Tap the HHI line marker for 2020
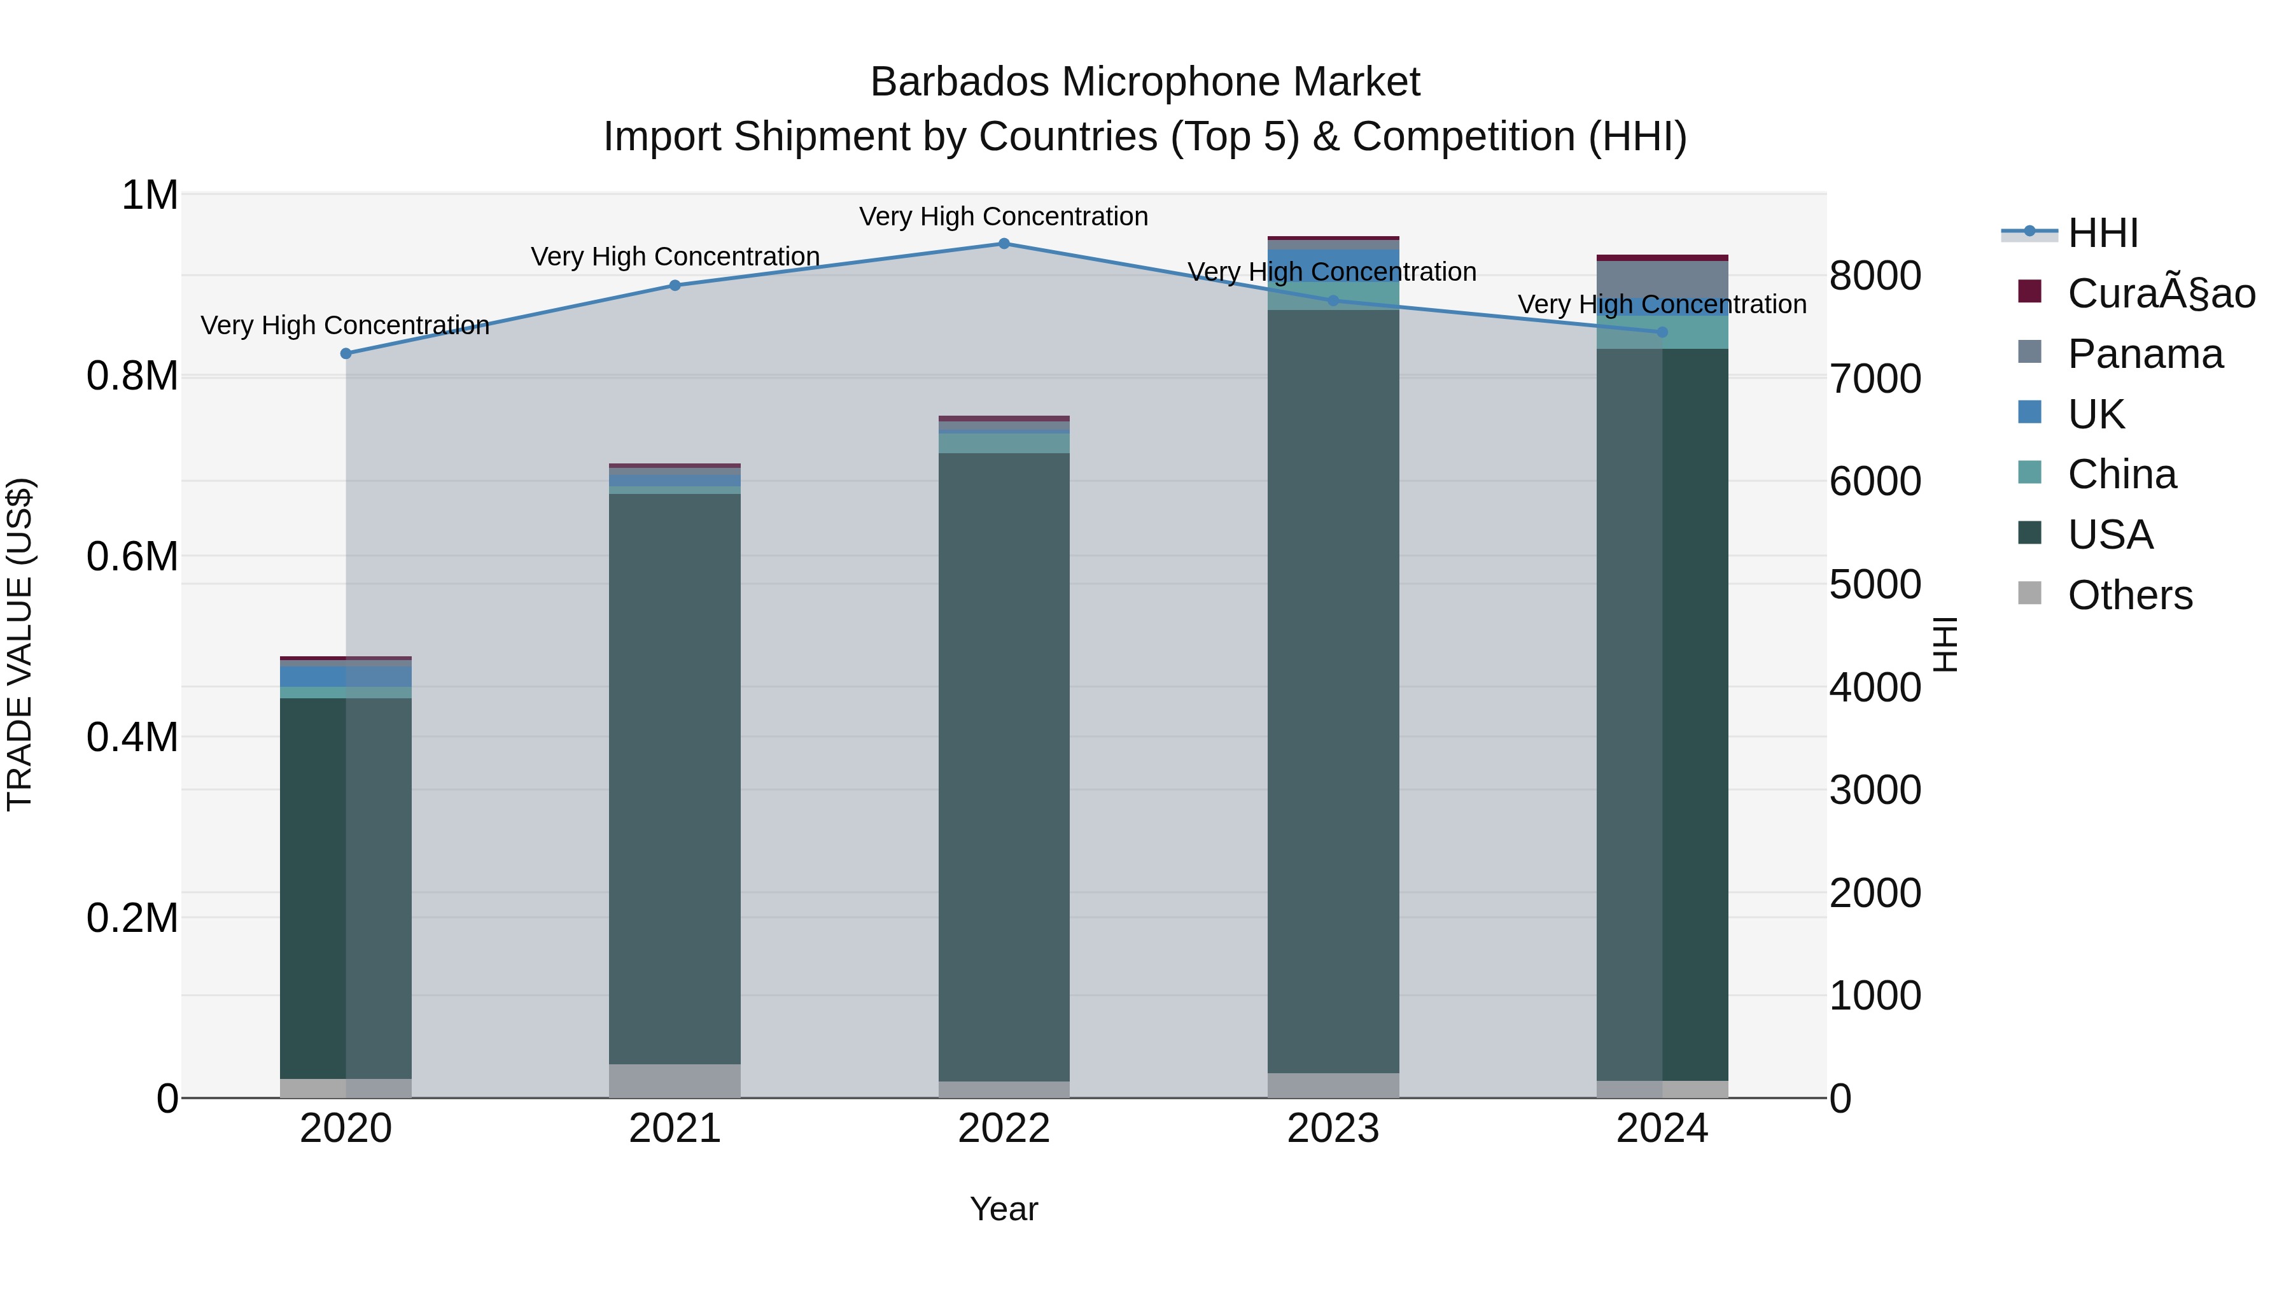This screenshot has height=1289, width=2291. (x=346, y=353)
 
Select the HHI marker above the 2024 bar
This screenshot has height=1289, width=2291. (x=1662, y=332)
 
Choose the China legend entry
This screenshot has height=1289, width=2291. (x=2121, y=474)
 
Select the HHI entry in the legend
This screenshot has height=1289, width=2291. (x=2103, y=233)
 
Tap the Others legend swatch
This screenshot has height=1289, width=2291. (x=2029, y=593)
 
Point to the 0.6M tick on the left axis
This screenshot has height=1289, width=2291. (x=132, y=557)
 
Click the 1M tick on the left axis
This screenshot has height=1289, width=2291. (x=150, y=195)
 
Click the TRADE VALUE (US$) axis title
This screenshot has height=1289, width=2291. (x=20, y=644)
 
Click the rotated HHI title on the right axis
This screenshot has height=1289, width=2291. (x=1945, y=644)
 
